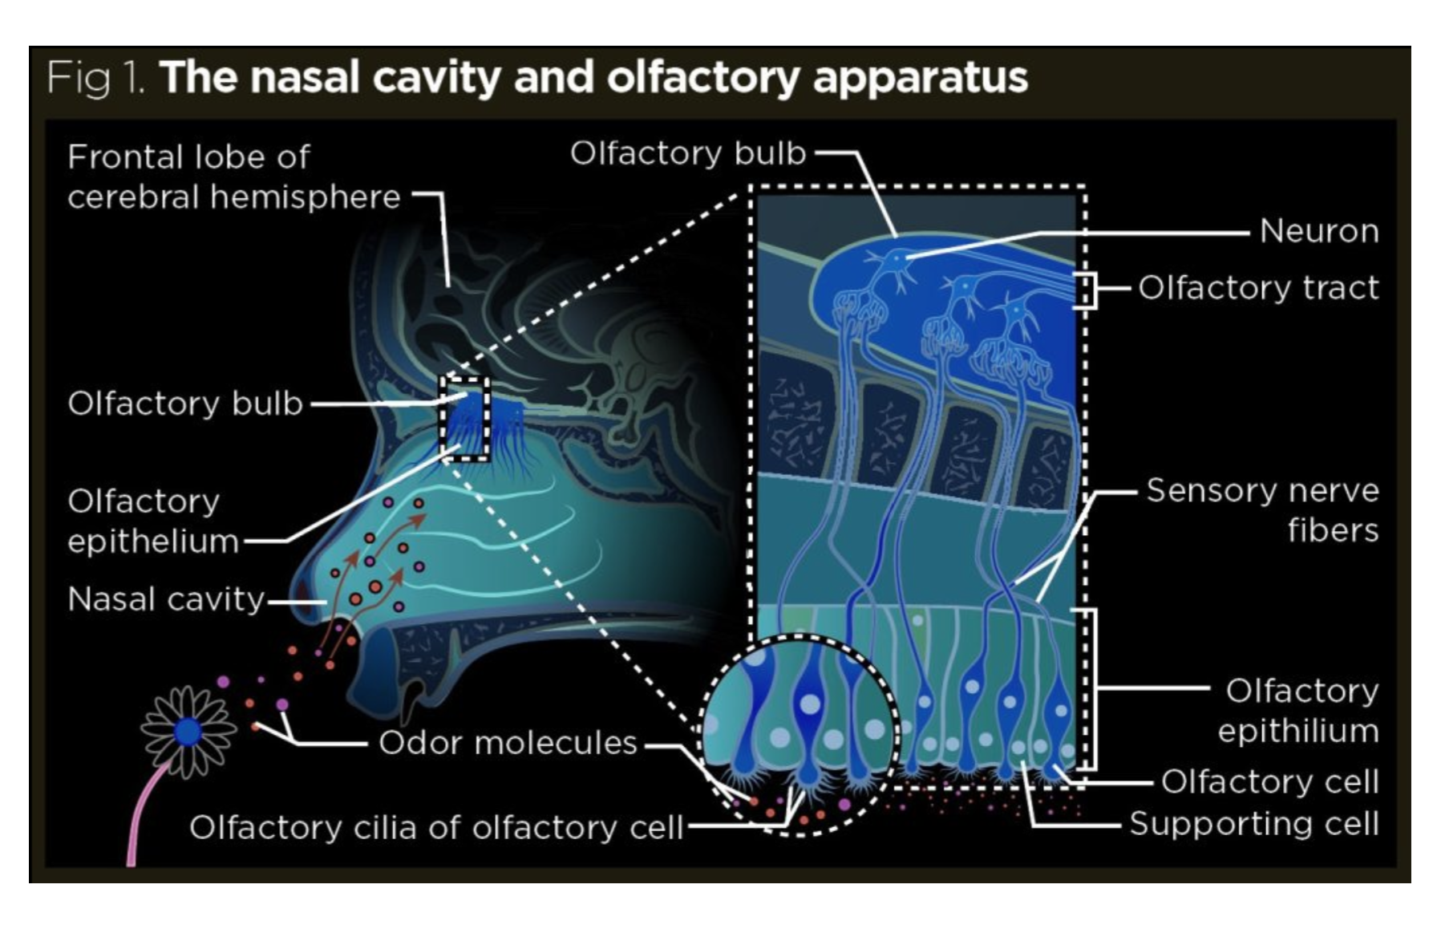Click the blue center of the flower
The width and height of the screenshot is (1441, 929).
pyautogui.click(x=188, y=731)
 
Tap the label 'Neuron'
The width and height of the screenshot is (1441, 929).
pyautogui.click(x=1318, y=231)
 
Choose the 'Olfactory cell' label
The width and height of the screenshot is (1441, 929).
pyautogui.click(x=1269, y=781)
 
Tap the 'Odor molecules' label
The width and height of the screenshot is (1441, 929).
pyautogui.click(x=508, y=743)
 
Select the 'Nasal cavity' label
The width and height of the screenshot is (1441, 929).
pyautogui.click(x=166, y=599)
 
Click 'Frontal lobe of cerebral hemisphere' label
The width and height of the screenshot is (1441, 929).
pyautogui.click(x=233, y=176)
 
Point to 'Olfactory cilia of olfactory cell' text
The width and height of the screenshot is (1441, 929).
pyautogui.click(x=435, y=827)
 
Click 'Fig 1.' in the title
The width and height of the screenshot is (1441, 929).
pyautogui.click(x=95, y=78)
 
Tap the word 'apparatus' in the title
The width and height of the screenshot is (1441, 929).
pyautogui.click(x=920, y=78)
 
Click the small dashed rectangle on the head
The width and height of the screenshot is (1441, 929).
pyautogui.click(x=464, y=419)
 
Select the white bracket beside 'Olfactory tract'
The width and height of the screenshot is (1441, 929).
pyautogui.click(x=1087, y=290)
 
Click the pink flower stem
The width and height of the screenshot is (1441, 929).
pyautogui.click(x=141, y=818)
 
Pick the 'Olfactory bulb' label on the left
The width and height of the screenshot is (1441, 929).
pyautogui.click(x=185, y=404)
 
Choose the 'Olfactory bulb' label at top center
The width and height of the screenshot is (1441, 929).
pyautogui.click(x=687, y=153)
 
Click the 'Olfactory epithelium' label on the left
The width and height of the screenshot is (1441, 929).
pyautogui.click(x=152, y=521)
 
